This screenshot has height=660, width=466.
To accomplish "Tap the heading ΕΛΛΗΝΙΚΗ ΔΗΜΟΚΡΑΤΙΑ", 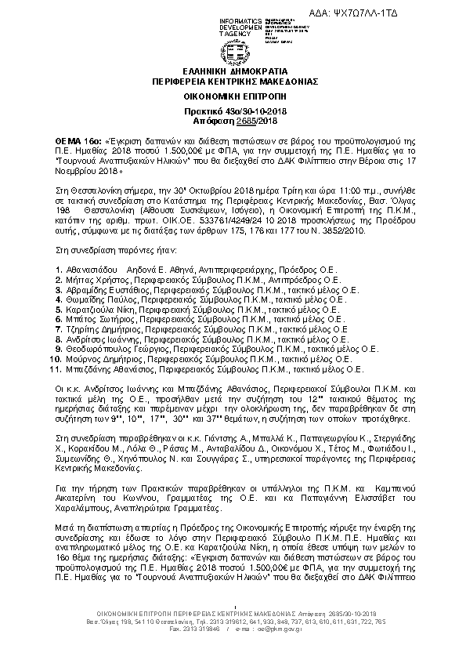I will coord(232,72).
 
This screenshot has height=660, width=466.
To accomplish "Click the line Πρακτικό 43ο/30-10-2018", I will coord(232,112).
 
